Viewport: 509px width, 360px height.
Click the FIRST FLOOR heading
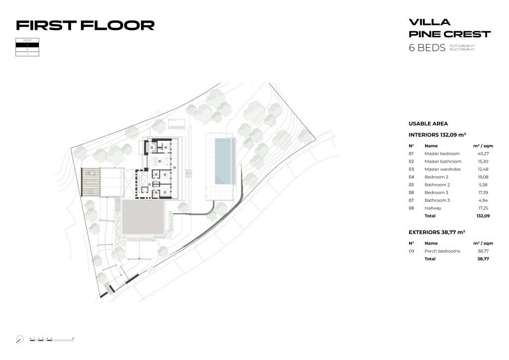pyautogui.click(x=85, y=25)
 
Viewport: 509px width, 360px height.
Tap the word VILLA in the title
pyautogui.click(x=429, y=22)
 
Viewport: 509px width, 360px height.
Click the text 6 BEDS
pyautogui.click(x=426, y=48)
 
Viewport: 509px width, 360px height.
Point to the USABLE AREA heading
pyautogui.click(x=428, y=123)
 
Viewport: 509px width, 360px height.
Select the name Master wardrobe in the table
pyautogui.click(x=442, y=169)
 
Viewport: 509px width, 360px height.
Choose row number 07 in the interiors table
pyautogui.click(x=411, y=200)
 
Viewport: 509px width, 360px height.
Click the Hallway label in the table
pyautogui.click(x=432, y=208)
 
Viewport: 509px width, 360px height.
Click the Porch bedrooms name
pyautogui.click(x=442, y=251)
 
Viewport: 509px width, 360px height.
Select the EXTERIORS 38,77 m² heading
pyautogui.click(x=437, y=232)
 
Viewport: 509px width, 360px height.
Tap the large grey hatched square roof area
pyautogui.click(x=143, y=218)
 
